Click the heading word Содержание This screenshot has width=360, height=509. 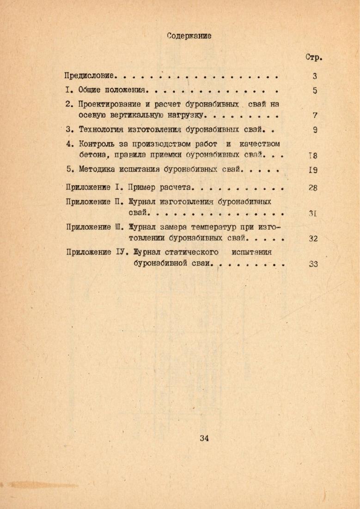tap(189, 36)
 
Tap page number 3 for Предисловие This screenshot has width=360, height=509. tap(314, 77)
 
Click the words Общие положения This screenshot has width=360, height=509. tap(113, 90)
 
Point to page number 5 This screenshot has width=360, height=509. tap(315, 91)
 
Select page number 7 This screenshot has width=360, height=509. tap(315, 115)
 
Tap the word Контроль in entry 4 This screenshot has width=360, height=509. tap(97, 144)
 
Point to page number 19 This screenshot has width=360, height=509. tap(312, 170)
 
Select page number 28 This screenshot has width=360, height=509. tap(313, 188)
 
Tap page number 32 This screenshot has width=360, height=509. tap(312, 239)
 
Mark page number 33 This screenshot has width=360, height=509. tap(312, 264)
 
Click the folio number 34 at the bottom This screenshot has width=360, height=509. tap(204, 438)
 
